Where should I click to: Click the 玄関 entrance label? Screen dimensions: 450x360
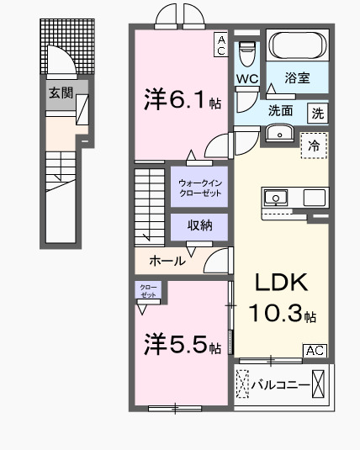[x=60, y=93]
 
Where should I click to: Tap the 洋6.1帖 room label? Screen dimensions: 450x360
[x=182, y=101]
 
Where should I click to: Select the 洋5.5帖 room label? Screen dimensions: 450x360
[x=182, y=346]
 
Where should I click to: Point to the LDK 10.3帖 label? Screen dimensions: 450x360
[x=280, y=299]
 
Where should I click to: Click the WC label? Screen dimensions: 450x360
[x=246, y=80]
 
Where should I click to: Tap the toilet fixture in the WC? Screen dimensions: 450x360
[x=246, y=55]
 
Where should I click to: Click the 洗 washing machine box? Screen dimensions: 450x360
[x=317, y=111]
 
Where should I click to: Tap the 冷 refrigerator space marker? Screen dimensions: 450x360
[x=315, y=143]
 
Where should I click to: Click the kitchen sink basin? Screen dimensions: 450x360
[x=274, y=199]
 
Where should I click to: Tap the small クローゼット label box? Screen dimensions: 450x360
[x=148, y=291]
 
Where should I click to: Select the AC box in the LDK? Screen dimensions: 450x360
[x=315, y=350]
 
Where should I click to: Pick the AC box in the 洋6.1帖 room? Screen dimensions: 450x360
[x=220, y=44]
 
